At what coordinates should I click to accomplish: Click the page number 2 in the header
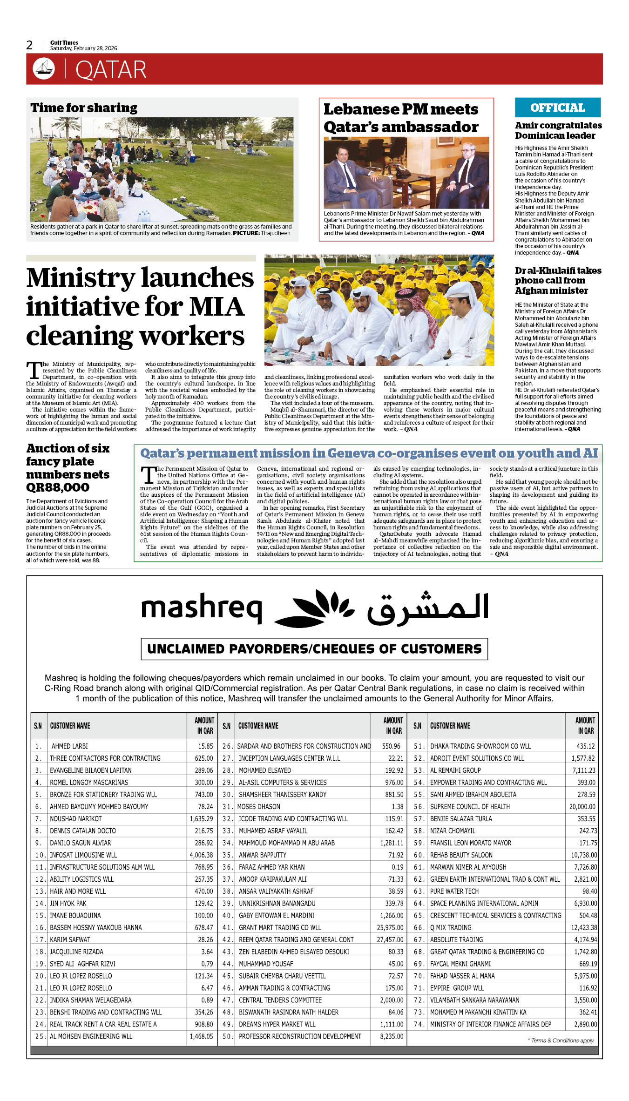coord(29,45)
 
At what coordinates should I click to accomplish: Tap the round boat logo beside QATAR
coord(44,69)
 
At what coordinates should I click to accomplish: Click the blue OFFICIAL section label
coord(557,108)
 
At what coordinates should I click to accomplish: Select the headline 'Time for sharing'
coord(84,108)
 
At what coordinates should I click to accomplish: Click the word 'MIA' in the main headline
coord(216,307)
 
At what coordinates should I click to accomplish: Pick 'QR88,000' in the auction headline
coord(58,487)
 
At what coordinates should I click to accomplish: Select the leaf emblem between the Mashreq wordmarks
coord(315,608)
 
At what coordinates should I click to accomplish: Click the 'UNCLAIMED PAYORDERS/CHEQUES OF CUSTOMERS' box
coord(314,649)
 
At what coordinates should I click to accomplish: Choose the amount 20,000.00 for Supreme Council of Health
coord(582,806)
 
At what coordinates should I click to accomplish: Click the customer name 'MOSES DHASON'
coord(259,806)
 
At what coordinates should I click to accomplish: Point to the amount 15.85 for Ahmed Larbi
coord(205,746)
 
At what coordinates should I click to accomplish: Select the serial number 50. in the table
coord(227,1036)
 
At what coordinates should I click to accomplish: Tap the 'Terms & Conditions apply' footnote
coord(561,1040)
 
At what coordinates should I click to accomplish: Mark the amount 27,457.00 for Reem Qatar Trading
coord(390,939)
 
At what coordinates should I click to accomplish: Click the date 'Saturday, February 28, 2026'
coord(84,48)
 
